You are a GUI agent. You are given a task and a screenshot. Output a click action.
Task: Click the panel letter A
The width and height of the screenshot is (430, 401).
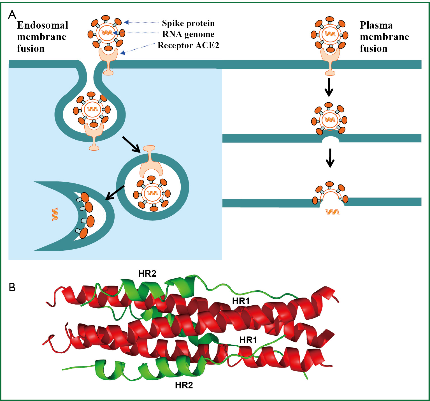(12, 15)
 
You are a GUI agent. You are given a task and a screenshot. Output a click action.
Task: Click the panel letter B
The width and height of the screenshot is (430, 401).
(12, 287)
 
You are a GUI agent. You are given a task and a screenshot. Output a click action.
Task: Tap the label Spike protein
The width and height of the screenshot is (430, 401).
(188, 23)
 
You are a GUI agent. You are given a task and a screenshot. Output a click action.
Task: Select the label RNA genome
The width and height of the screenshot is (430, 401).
(188, 34)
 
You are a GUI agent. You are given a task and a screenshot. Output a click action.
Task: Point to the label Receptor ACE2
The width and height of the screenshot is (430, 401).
(188, 45)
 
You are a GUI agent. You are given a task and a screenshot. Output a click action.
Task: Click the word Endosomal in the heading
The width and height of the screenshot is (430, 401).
(43, 25)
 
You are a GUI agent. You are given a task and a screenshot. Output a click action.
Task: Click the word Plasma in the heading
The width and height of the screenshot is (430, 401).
(376, 25)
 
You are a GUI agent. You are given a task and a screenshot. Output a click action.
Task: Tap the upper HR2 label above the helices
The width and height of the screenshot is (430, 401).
(147, 273)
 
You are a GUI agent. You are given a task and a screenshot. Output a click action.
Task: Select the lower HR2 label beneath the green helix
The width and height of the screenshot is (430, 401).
(184, 385)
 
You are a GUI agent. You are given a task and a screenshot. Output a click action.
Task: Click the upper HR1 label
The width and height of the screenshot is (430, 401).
(241, 301)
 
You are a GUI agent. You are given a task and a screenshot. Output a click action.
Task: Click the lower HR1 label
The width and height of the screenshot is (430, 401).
(248, 340)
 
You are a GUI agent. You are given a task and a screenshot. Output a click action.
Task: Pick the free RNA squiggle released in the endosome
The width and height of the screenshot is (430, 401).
(55, 214)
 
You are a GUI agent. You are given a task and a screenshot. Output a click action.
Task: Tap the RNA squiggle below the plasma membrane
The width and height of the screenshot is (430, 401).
(332, 212)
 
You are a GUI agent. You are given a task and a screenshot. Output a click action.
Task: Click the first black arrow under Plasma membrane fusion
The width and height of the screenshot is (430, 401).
(329, 87)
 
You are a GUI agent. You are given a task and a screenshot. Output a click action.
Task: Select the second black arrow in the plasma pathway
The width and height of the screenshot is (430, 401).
(330, 158)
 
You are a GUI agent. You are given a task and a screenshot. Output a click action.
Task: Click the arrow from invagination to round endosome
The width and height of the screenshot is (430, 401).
(131, 144)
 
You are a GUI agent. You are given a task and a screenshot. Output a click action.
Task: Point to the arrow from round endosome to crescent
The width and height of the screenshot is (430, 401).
(115, 193)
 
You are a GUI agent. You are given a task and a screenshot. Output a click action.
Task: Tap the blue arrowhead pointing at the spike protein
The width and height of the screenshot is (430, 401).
(126, 22)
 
